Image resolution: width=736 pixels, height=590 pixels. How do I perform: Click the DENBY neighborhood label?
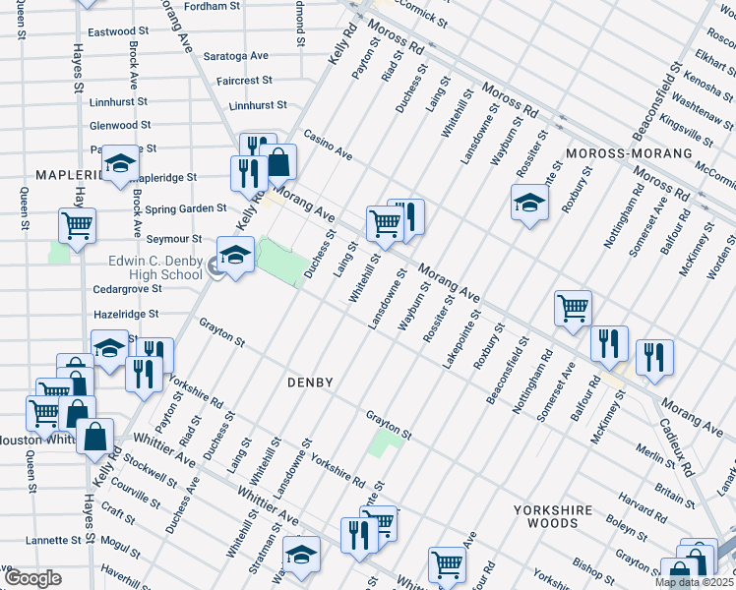312,382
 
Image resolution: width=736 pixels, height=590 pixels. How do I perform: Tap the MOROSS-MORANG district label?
619,155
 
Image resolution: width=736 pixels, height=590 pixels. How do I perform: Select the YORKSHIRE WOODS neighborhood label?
558,517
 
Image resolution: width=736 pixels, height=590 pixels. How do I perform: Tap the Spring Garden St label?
186,209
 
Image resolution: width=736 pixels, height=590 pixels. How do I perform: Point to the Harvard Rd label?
644,490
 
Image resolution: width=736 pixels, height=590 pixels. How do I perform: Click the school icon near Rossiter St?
529,203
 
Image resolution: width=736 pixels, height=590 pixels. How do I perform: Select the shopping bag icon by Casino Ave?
281,161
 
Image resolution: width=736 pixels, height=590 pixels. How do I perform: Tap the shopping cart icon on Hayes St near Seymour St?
77,225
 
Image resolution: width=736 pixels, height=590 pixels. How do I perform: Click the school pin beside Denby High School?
235,256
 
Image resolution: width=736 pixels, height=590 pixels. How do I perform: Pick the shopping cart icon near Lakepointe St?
572,308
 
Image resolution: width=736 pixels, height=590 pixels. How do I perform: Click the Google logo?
31,578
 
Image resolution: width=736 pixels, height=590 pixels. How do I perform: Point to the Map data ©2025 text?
693,582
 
